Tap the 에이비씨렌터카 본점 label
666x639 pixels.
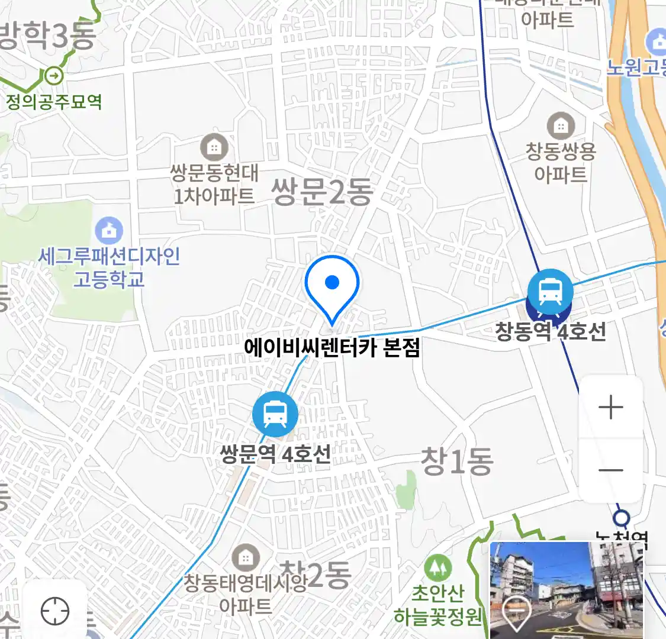332,347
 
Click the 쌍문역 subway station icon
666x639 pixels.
275,414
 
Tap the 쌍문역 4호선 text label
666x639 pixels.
275,454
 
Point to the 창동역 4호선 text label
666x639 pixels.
551,331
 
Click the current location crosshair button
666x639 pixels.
55,611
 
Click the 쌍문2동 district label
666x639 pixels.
322,191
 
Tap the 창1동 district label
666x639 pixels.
456,461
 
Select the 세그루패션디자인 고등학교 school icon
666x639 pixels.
109,230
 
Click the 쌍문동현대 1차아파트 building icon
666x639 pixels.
214,146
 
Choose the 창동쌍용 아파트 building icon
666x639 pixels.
560,125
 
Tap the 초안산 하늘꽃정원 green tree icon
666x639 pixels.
437,568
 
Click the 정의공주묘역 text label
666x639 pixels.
54,102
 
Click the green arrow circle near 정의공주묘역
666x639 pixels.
54,76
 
